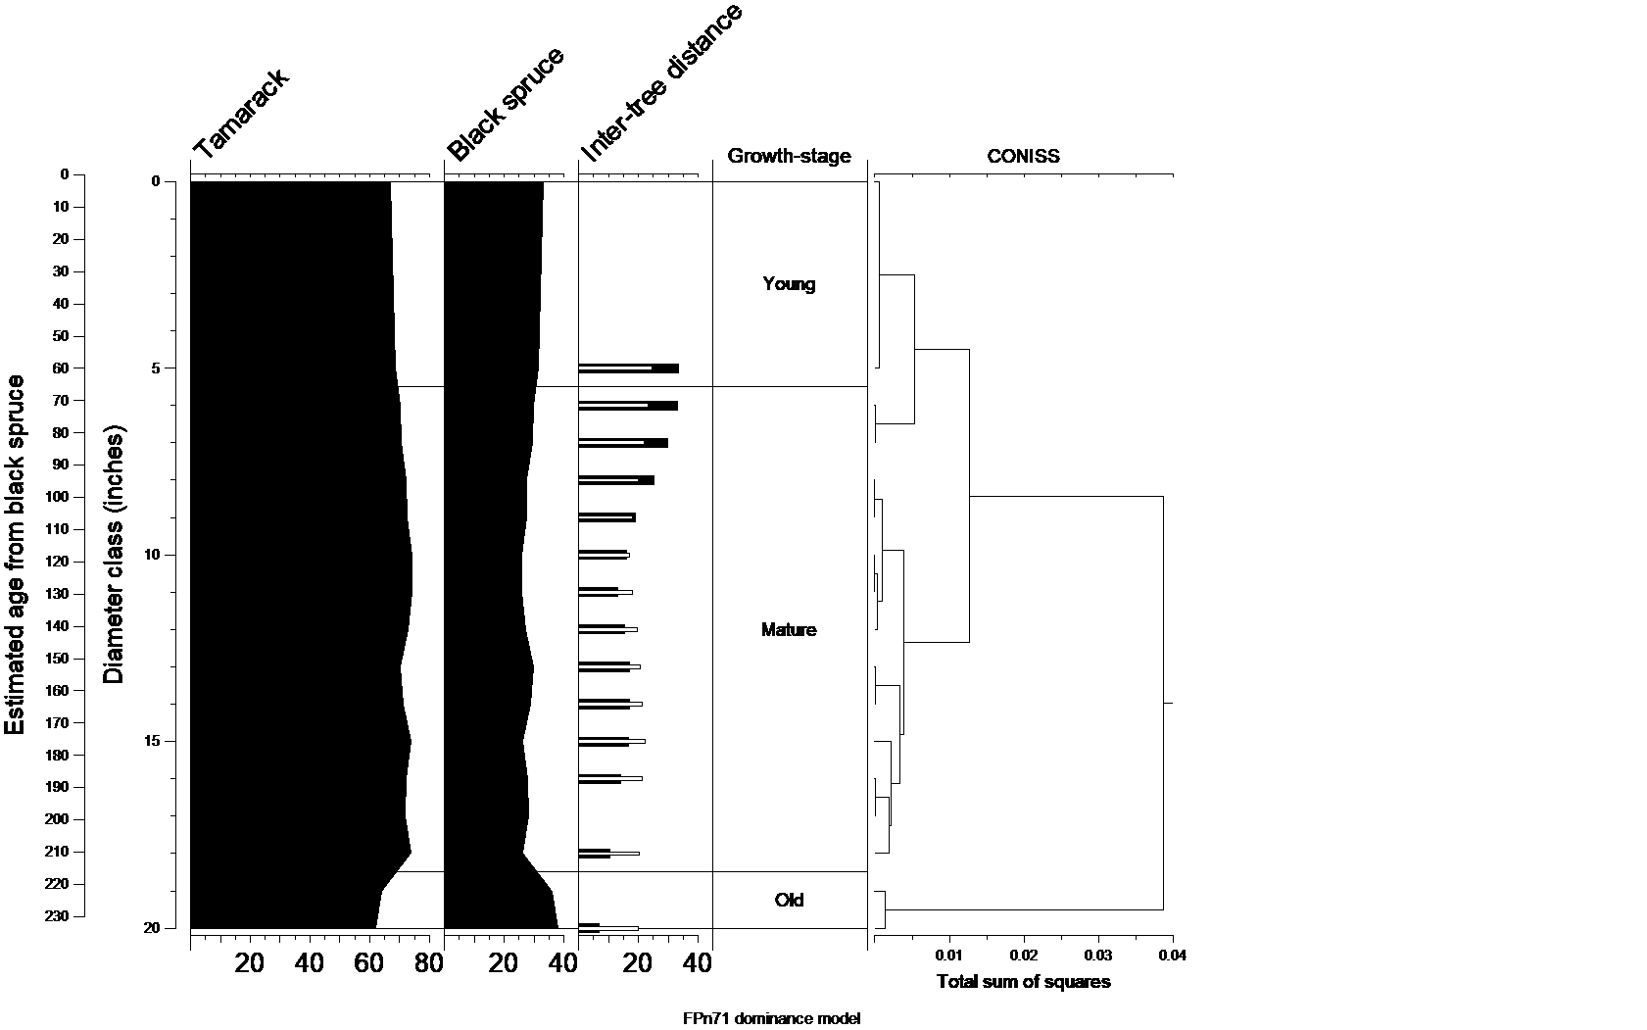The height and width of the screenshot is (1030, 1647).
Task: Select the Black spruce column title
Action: [x=506, y=104]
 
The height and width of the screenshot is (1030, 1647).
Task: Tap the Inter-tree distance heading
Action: [x=662, y=83]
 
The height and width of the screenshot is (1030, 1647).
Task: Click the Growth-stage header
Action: [x=789, y=156]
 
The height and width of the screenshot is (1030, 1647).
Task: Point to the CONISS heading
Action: [x=1023, y=156]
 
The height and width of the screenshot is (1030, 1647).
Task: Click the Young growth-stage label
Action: [x=789, y=284]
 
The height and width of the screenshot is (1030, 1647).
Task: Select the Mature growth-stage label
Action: [x=789, y=630]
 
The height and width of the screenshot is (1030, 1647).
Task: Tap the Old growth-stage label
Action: [x=789, y=900]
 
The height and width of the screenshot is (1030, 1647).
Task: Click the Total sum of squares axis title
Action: [x=1023, y=982]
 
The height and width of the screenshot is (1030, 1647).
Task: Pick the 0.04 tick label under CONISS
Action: [x=1172, y=956]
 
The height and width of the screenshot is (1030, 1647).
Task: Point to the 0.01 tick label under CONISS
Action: [x=949, y=956]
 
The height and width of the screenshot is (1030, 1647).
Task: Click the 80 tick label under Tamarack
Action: [x=428, y=964]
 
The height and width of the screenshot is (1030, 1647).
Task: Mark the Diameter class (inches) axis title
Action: [x=115, y=554]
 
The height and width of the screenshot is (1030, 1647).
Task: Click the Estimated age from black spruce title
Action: [x=15, y=554]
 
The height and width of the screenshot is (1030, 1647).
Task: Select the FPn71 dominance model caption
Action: [x=772, y=1018]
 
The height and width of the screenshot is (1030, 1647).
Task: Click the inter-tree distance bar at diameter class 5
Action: [x=628, y=368]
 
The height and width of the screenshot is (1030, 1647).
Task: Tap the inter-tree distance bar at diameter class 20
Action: [x=607, y=927]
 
